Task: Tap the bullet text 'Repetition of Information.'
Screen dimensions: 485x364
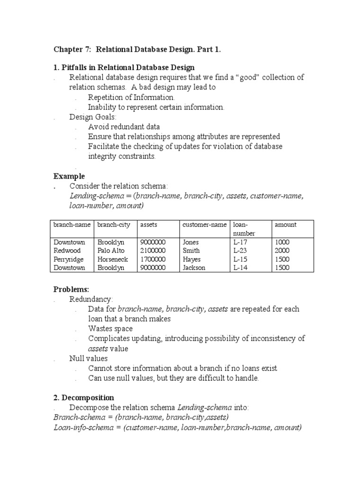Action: pos(128,97)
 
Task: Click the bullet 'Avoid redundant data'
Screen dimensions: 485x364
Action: pos(124,126)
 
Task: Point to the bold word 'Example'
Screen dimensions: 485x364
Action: pos(69,176)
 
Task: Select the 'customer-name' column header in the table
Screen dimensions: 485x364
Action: pos(204,225)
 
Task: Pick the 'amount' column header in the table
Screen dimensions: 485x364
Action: pos(285,225)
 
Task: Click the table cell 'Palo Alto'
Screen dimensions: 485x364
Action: pos(112,251)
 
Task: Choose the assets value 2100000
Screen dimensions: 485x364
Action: pos(153,251)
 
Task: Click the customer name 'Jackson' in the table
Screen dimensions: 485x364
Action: pos(194,268)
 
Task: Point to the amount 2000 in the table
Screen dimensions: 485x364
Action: pos(282,251)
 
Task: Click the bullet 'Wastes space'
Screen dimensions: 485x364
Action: pos(110,328)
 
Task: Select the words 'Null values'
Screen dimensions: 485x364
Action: pos(89,358)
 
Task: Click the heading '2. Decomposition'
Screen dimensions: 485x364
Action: pos(84,397)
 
